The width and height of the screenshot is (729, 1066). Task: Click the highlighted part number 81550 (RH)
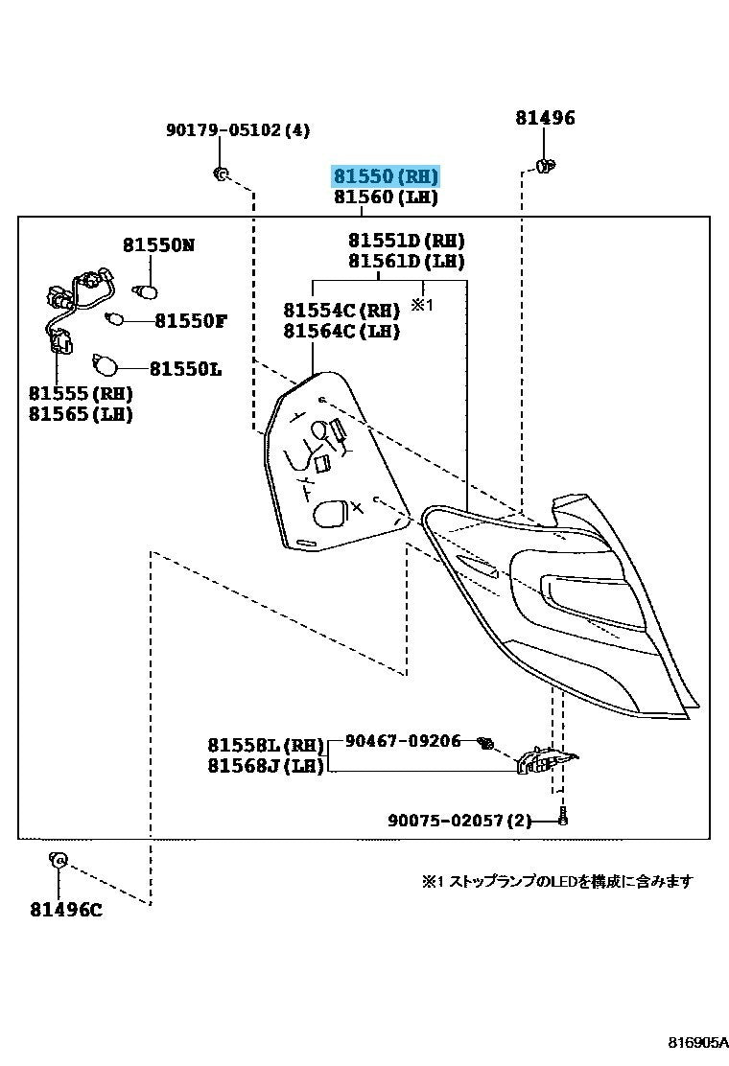pyautogui.click(x=386, y=176)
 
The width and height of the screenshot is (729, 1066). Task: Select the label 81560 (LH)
pyautogui.click(x=386, y=197)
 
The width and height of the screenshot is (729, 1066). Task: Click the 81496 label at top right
pyautogui.click(x=545, y=118)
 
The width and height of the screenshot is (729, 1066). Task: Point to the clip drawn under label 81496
pyautogui.click(x=547, y=167)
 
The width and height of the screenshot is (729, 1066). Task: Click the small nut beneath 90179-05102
pyautogui.click(x=220, y=174)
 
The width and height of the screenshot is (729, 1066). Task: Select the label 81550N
pyautogui.click(x=158, y=245)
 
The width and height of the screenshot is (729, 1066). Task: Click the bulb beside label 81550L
pyautogui.click(x=106, y=365)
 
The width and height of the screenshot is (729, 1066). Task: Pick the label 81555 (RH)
pyautogui.click(x=81, y=393)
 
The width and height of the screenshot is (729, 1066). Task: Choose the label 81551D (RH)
pyautogui.click(x=407, y=240)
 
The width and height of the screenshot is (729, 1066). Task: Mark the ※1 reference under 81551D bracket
pyautogui.click(x=423, y=305)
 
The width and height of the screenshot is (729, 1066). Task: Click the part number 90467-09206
pyautogui.click(x=403, y=741)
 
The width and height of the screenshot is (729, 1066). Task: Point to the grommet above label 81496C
pyautogui.click(x=57, y=860)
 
